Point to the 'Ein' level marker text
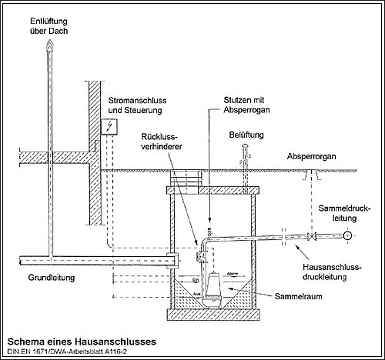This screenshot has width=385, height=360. tap(195, 279)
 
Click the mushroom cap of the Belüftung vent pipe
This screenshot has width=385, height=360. tap(246, 145)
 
